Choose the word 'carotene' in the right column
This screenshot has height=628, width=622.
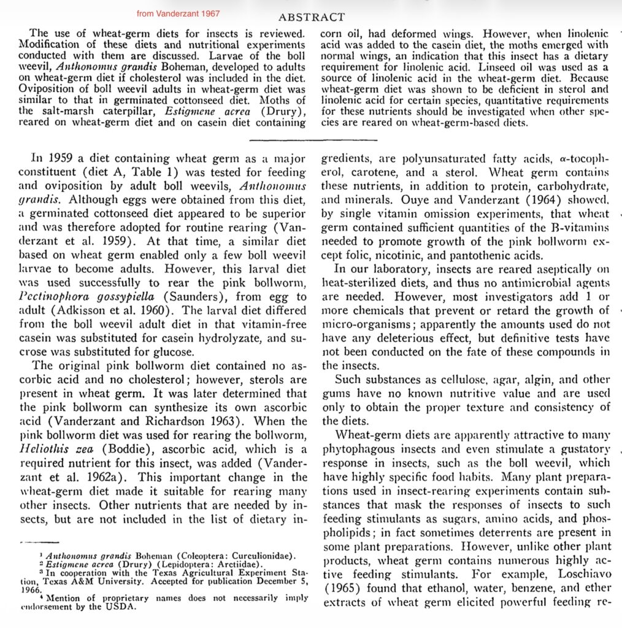377,172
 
